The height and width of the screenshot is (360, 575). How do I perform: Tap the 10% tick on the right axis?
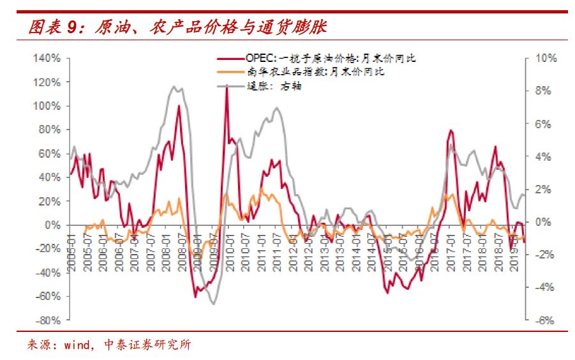(546, 58)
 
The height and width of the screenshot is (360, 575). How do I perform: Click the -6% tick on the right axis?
(546, 320)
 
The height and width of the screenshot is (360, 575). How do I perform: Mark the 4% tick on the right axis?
(544, 156)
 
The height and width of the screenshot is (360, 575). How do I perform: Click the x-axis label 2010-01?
(230, 251)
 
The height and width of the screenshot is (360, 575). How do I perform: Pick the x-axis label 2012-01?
(293, 251)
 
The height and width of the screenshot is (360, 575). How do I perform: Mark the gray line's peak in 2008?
(175, 86)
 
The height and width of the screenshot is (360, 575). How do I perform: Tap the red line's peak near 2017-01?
(451, 130)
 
